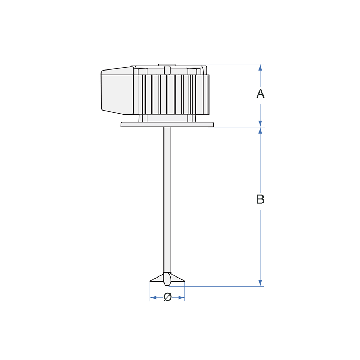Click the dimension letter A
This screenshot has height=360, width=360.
click(x=260, y=94)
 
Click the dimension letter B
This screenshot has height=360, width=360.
click(x=260, y=199)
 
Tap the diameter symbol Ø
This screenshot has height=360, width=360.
click(x=168, y=297)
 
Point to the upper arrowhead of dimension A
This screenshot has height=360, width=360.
click(x=260, y=68)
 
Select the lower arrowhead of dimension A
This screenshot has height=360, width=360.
click(x=260, y=123)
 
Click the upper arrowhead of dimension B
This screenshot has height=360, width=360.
click(x=260, y=131)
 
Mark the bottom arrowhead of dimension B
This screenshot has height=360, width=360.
click(x=260, y=283)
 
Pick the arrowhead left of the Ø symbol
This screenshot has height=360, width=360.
click(x=153, y=298)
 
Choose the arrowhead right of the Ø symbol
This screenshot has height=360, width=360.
click(x=181, y=298)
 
